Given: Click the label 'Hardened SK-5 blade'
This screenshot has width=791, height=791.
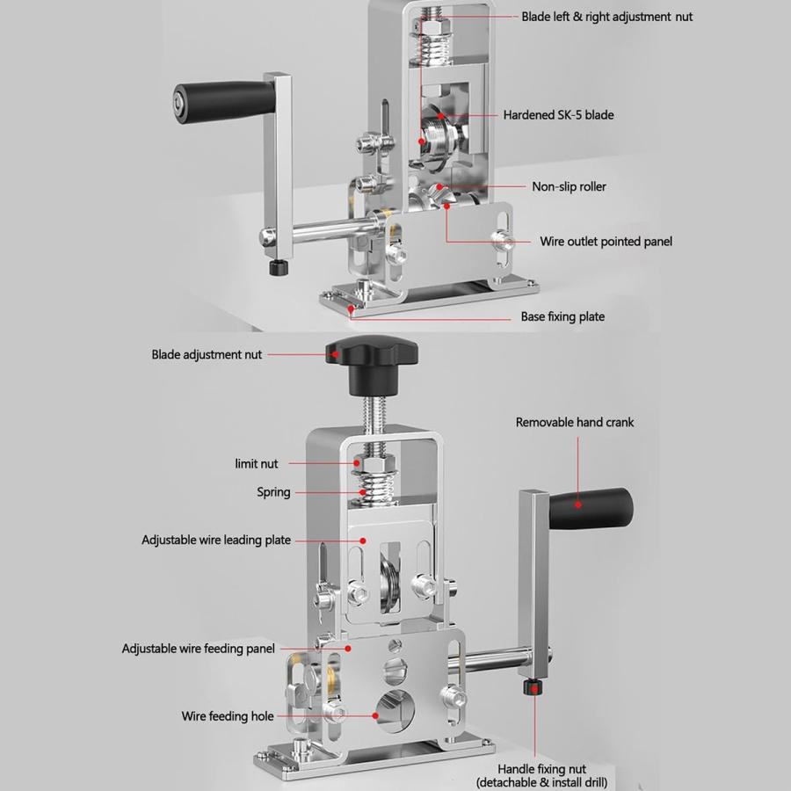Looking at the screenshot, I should (558, 115).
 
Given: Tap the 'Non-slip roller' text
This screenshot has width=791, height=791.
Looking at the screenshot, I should (569, 186).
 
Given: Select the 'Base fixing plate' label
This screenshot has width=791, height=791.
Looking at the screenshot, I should (562, 316).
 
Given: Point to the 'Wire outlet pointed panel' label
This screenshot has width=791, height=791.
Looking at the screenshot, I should (606, 241).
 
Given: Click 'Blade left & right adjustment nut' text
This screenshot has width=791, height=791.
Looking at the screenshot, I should (606, 17).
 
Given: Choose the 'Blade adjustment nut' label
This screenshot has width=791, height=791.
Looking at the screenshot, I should (207, 355).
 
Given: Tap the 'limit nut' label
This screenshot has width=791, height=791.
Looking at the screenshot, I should (257, 463).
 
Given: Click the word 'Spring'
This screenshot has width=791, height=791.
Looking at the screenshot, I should (273, 492).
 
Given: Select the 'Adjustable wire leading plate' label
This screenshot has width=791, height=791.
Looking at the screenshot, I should (216, 540).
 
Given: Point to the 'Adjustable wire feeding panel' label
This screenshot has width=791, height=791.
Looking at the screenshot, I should (198, 649).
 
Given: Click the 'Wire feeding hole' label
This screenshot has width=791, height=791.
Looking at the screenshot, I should (228, 716).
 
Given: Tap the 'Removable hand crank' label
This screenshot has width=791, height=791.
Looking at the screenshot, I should (574, 423).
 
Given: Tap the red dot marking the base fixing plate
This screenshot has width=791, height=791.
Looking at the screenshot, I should (352, 308).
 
